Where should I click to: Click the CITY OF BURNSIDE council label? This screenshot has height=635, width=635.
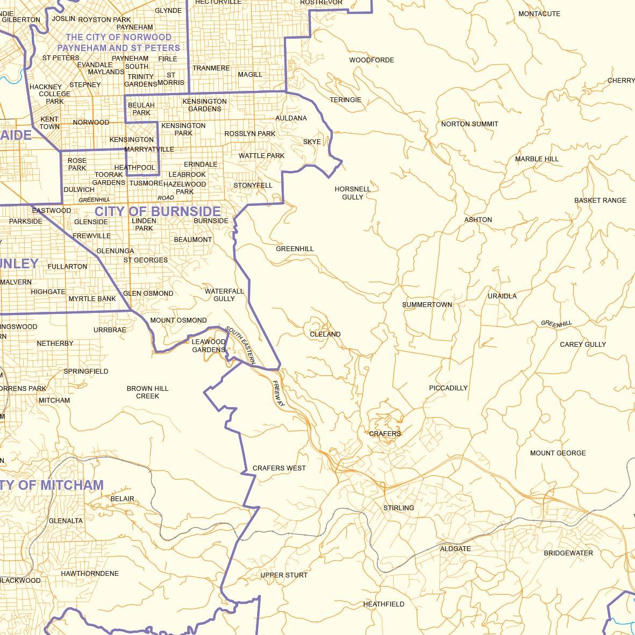tap(158, 211)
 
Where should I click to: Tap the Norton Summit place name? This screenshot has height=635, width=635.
tap(469, 124)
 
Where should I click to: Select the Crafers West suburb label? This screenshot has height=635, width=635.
tap(279, 468)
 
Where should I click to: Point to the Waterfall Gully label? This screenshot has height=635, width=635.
tap(224, 295)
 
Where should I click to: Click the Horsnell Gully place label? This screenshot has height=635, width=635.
tap(353, 193)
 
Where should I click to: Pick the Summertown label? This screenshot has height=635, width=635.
tap(427, 305)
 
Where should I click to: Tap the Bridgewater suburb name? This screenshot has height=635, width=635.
tap(568, 553)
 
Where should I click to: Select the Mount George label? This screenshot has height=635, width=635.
tap(558, 453)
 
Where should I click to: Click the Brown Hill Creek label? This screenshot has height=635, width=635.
tap(147, 392)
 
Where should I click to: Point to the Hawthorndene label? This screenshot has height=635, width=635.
tap(90, 574)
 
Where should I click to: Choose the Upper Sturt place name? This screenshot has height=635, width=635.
tap(284, 575)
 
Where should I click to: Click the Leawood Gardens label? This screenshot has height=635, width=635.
tap(209, 346)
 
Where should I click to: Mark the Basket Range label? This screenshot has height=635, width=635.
tap(600, 201)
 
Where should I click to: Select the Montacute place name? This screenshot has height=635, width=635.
tap(539, 14)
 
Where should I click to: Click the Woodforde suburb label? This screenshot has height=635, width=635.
tap(372, 60)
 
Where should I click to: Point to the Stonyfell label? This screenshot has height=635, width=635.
tap(253, 185)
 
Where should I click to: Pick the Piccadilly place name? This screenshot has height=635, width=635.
tap(448, 388)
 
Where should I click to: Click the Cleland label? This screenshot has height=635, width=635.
tap(325, 334)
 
